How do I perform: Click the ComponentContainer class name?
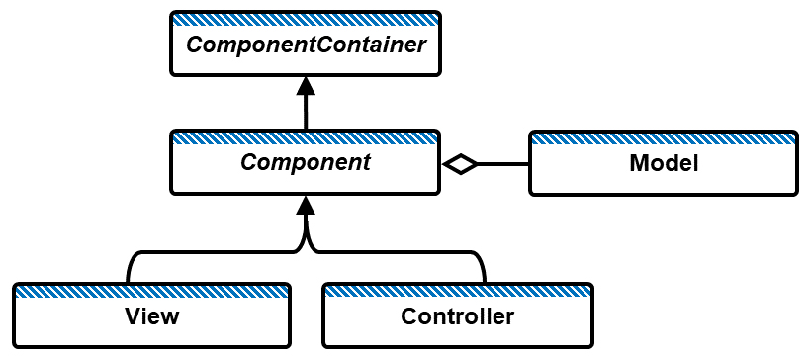click(x=305, y=45)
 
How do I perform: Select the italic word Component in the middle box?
click(x=305, y=162)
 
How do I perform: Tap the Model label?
click(x=664, y=163)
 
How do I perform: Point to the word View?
click(x=152, y=316)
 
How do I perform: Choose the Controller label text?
click(x=458, y=316)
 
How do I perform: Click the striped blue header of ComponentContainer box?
click(x=305, y=19)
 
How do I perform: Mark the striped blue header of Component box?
click(x=305, y=135)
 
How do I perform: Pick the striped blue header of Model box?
click(x=664, y=136)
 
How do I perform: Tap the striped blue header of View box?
click(x=152, y=290)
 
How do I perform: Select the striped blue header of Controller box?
click(x=458, y=290)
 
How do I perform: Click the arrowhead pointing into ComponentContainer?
click(x=305, y=86)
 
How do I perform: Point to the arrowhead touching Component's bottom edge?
click(x=305, y=205)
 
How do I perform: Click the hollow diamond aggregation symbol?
click(x=460, y=164)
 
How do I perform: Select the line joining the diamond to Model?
click(x=503, y=164)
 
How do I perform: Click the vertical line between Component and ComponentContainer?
click(x=305, y=112)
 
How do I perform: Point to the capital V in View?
click(x=134, y=316)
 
